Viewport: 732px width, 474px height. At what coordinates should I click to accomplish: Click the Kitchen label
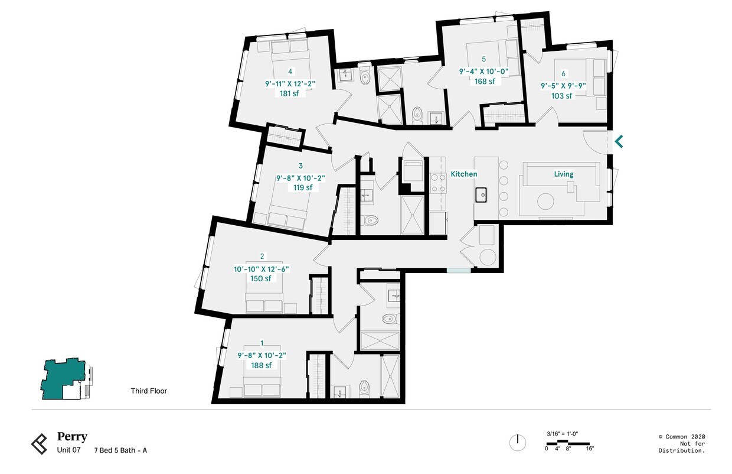tap(463, 174)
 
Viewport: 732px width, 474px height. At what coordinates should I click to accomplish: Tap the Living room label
tap(563, 174)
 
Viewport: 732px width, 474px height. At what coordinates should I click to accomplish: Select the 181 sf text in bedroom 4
tap(290, 93)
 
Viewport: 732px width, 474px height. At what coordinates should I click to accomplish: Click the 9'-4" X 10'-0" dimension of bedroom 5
tap(483, 71)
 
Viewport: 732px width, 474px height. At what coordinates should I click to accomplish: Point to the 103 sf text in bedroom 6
tap(562, 96)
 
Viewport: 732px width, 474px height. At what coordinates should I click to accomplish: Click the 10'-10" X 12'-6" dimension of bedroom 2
tap(262, 269)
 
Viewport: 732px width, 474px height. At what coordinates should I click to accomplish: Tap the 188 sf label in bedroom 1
tap(262, 365)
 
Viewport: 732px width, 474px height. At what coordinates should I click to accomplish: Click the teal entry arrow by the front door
tap(619, 142)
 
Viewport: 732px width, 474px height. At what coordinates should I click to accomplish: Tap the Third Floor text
tap(149, 391)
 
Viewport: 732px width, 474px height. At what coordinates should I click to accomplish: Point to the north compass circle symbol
tap(517, 442)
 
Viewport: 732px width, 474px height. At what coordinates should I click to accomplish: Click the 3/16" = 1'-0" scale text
tap(562, 434)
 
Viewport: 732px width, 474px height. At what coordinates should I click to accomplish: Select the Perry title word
tap(72, 437)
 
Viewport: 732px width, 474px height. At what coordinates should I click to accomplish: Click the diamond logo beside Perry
tap(40, 444)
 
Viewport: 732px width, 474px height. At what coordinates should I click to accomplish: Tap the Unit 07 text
tap(68, 450)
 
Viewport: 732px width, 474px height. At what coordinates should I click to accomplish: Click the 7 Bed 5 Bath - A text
tap(120, 450)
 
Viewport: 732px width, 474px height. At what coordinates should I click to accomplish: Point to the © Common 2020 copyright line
tap(681, 437)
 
